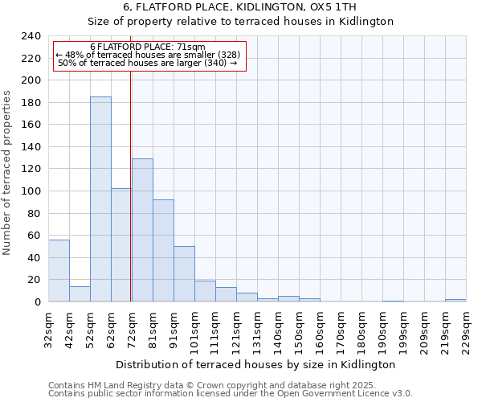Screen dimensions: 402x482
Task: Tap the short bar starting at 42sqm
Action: point(80,294)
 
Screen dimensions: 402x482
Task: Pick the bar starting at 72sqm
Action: point(142,230)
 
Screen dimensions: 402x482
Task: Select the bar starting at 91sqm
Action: point(184,274)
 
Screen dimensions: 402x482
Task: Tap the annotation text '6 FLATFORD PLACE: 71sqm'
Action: point(148,47)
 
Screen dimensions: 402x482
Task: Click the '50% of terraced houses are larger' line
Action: point(148,63)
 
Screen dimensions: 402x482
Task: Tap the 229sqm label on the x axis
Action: point(467,331)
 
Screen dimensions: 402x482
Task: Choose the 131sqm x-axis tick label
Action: point(258,331)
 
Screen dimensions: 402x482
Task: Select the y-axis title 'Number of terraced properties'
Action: point(7,172)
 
